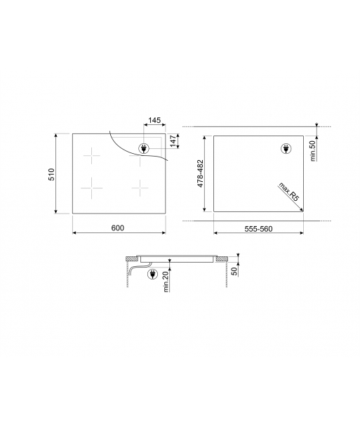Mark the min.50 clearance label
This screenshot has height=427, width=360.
click(x=314, y=148)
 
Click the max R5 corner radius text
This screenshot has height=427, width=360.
click(x=289, y=192)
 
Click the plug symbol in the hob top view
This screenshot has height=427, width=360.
click(x=145, y=147)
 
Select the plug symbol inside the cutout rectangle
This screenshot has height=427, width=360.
click(x=286, y=147)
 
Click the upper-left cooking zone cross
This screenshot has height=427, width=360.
click(x=91, y=155)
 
